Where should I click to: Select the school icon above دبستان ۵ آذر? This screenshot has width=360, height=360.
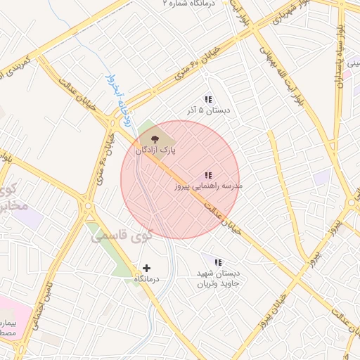tap(207, 100)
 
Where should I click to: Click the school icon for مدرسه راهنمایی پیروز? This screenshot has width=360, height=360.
tap(208, 175)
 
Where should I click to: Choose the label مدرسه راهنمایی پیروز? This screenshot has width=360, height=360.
tap(208, 187)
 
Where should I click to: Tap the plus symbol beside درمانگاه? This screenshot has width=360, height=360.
tap(146, 268)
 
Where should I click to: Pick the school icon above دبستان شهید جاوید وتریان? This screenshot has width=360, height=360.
tap(218, 262)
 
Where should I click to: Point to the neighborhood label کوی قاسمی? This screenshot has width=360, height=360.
tap(121, 236)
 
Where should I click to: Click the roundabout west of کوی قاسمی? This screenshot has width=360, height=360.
tap(89, 208)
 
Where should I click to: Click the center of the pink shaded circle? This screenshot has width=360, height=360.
tap(180, 179)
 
